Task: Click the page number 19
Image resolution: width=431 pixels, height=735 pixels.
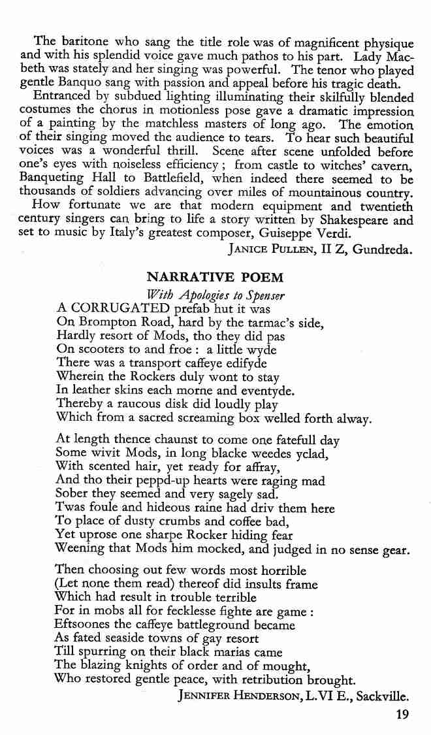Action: coord(402,714)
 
